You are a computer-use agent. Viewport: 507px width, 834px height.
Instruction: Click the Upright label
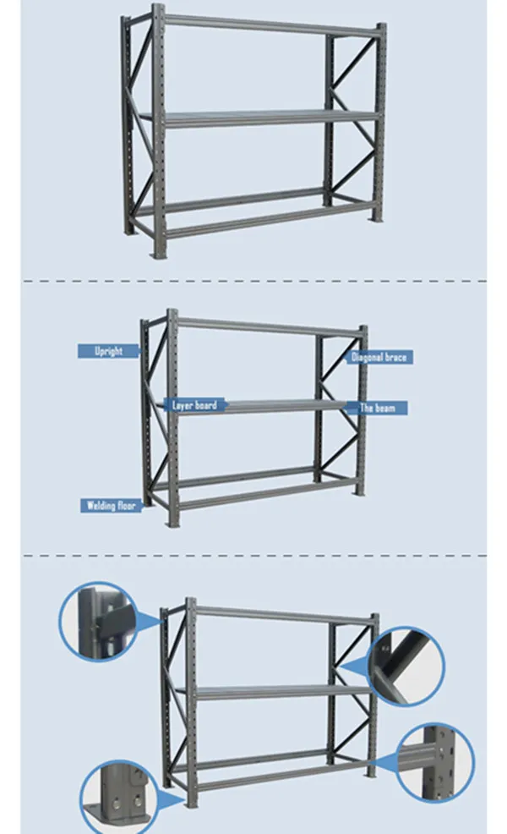pyautogui.click(x=108, y=350)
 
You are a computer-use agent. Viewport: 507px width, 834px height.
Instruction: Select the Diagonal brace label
pyautogui.click(x=379, y=358)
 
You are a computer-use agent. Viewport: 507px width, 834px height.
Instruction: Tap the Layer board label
pyautogui.click(x=194, y=406)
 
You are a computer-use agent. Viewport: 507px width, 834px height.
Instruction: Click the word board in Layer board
pyautogui.click(x=205, y=406)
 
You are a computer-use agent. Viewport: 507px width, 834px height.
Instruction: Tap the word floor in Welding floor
pyautogui.click(x=126, y=506)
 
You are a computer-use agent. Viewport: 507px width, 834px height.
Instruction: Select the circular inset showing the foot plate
pyautogui.click(x=118, y=795)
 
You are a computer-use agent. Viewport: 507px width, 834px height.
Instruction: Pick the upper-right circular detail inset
pyautogui.click(x=406, y=666)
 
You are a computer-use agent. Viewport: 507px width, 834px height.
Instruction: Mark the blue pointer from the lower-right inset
pyautogui.click(x=384, y=763)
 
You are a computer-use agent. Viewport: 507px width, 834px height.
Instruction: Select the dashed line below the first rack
pyautogui.click(x=253, y=280)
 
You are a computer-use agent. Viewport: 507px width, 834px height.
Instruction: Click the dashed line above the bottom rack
pyautogui.click(x=253, y=556)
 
